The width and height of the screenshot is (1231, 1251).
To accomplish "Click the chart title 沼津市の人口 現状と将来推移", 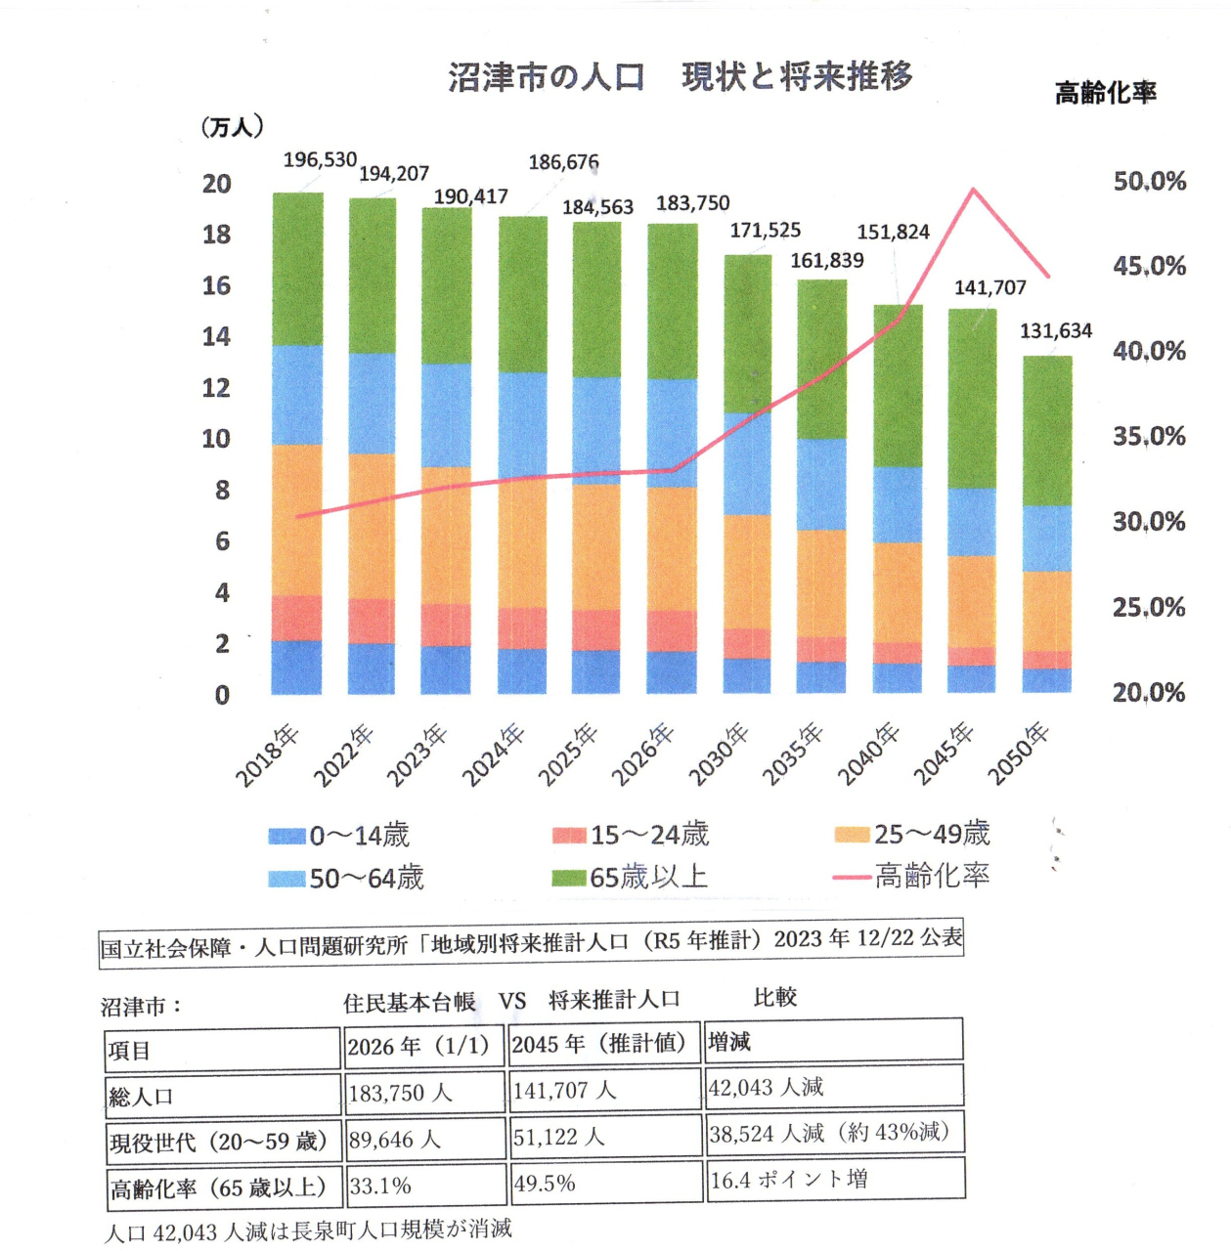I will (681, 76).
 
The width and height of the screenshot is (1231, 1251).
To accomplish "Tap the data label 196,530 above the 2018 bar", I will (320, 159).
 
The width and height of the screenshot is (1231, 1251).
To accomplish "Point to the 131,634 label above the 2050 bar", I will (1055, 330).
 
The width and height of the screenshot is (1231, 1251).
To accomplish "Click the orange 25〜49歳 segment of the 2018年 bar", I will (297, 520).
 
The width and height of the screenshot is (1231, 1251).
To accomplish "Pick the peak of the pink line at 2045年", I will (972, 190).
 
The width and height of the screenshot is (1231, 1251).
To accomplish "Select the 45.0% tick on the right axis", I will (1149, 266).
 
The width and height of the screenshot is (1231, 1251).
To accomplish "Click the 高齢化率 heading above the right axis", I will (1105, 93).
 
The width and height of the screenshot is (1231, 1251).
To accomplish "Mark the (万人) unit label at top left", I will (232, 127).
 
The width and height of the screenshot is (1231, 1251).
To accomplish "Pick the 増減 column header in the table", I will (729, 1042).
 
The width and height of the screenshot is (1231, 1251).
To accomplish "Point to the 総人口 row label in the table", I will (142, 1097).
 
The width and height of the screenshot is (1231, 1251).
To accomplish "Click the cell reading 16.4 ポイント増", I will (788, 1180).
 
